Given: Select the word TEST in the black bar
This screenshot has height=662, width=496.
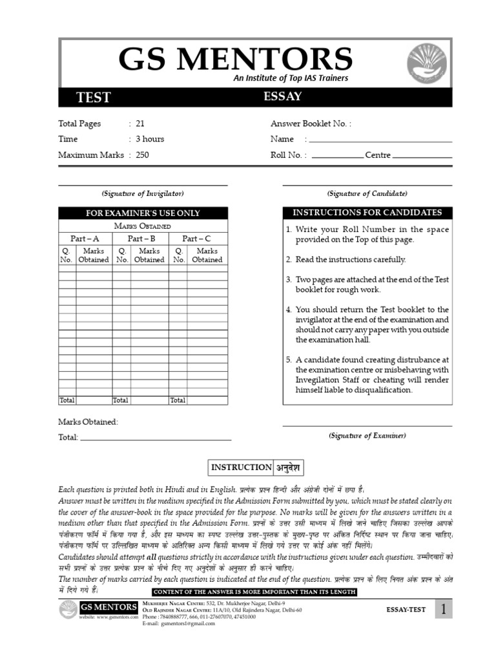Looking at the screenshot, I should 94,98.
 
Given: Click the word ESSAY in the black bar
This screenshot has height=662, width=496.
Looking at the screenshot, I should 283,97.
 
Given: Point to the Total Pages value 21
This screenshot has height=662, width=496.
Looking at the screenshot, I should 140,123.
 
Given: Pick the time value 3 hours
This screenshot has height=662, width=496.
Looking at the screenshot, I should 150,139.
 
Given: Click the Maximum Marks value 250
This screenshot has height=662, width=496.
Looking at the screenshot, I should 142,155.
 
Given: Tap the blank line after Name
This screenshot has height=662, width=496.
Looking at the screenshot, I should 380,140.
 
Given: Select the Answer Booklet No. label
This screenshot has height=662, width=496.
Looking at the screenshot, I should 311,123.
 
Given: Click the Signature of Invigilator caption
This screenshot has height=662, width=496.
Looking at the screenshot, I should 143,193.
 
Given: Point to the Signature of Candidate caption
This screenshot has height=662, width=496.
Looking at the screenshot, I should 367,193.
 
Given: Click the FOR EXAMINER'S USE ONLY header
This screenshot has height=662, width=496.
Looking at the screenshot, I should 143,213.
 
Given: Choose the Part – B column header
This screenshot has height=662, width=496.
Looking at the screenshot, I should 141,239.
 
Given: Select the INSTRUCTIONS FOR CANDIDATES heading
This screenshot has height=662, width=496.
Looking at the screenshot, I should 367,213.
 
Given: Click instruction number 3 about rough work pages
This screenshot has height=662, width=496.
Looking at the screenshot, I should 372,284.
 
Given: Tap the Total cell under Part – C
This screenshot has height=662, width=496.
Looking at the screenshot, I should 178,400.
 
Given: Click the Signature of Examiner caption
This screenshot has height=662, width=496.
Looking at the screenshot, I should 367,436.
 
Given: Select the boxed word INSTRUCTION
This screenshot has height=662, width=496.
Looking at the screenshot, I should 232,467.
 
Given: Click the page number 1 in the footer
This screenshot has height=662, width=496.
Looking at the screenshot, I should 444,609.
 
